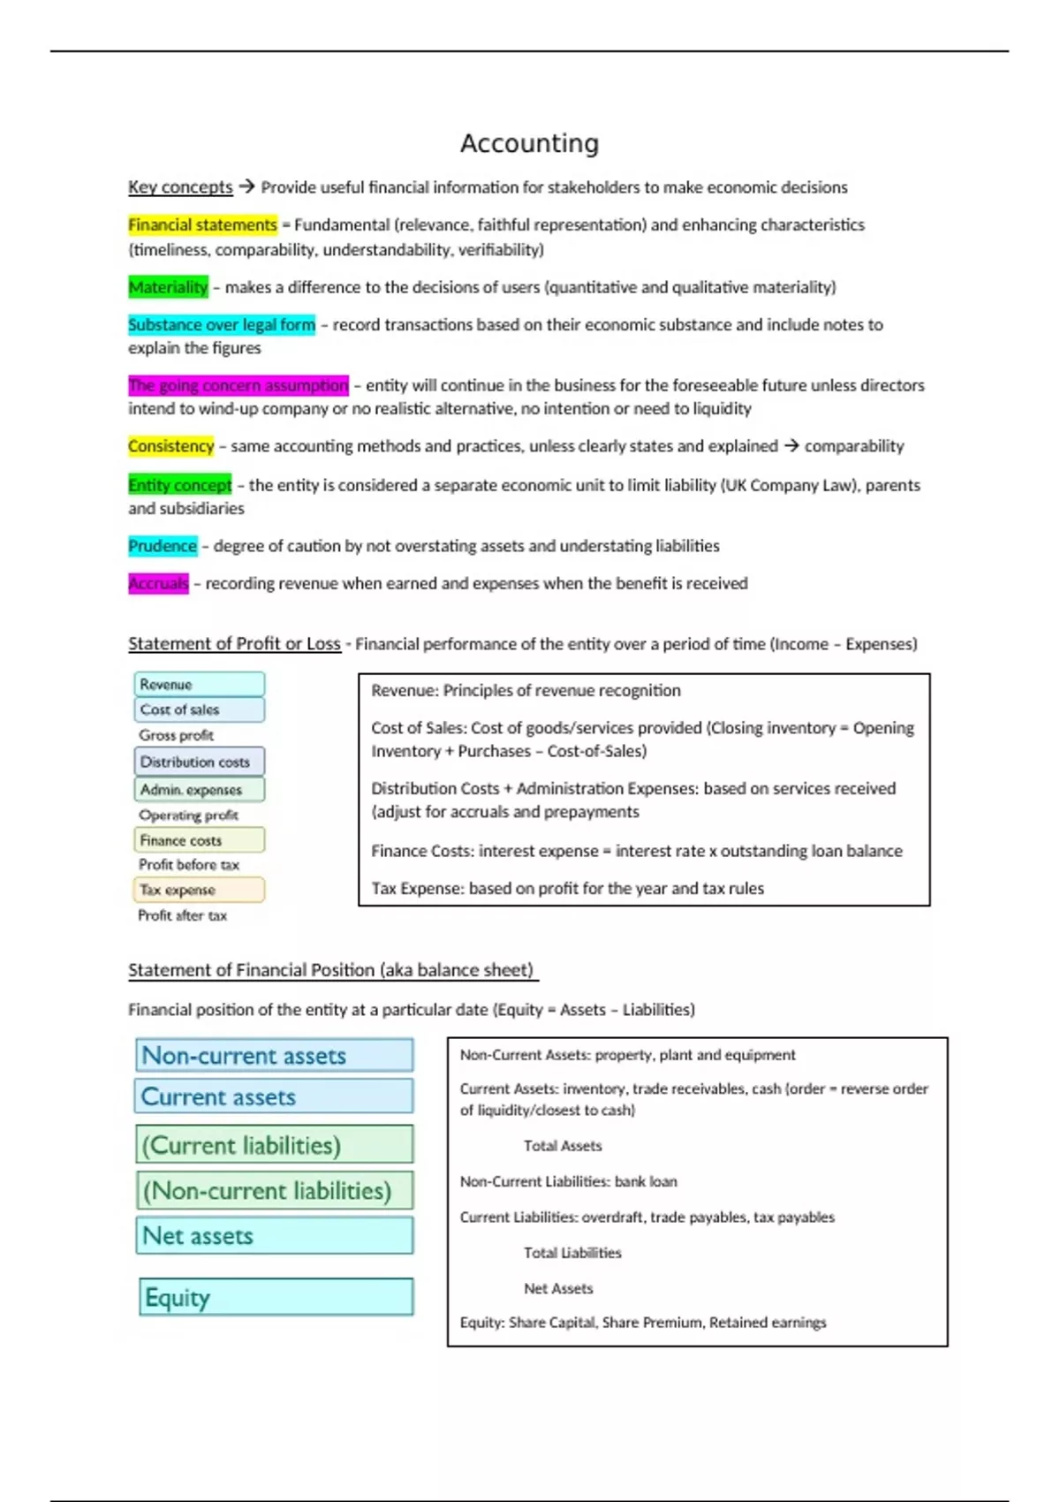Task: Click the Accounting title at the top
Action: coord(529,143)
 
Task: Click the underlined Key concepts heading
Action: coord(180,187)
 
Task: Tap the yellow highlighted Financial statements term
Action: coord(202,225)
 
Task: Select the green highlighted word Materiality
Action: coord(168,287)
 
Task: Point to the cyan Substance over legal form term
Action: coord(222,325)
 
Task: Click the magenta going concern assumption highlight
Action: coord(238,386)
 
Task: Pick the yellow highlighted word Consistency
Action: coord(171,446)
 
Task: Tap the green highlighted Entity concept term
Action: coord(180,485)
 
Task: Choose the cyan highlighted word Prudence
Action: coord(163,546)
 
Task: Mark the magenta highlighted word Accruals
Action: coord(158,583)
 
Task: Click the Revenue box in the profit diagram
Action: coord(200,684)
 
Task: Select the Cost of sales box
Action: coord(200,709)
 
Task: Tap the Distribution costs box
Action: coord(200,762)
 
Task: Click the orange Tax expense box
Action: coord(200,890)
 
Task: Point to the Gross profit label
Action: coord(176,735)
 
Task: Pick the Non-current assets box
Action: coord(275,1055)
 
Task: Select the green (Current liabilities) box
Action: coord(275,1145)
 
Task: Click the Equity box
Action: coord(276,1297)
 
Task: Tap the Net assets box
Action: coord(275,1235)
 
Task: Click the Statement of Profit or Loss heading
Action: coord(234,644)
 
